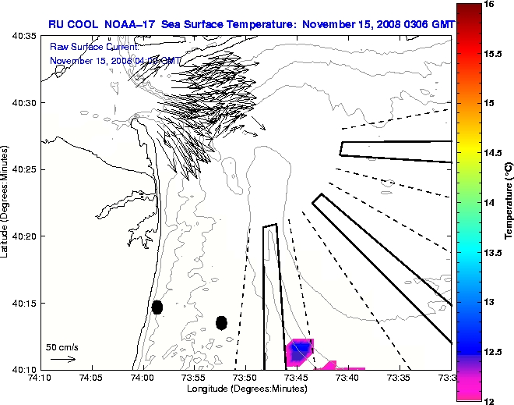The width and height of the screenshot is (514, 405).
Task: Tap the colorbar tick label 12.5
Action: (492, 351)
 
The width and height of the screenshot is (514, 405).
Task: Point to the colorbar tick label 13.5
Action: (492, 252)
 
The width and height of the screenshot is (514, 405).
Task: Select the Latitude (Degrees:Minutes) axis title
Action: (7, 202)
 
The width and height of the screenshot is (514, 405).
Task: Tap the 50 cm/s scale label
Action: (62, 346)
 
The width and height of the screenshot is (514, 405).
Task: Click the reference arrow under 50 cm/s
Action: (62, 359)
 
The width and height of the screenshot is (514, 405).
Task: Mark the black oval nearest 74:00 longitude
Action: (157, 307)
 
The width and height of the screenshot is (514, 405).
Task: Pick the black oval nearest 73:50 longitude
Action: (221, 322)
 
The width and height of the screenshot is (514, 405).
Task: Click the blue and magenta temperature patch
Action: (301, 352)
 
